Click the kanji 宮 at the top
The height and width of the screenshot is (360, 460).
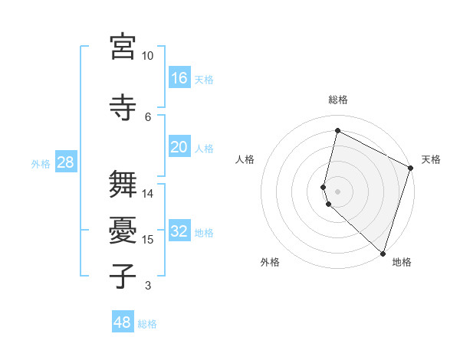123,47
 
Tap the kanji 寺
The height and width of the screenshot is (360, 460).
123,108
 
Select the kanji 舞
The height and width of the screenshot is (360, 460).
123,185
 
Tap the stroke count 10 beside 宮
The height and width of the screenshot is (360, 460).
148,56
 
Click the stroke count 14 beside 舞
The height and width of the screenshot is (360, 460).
148,193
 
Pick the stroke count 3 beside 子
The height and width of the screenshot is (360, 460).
148,286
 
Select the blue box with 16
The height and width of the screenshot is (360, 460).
179,77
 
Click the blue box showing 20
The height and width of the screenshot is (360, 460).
179,147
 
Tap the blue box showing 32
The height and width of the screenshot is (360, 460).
179,231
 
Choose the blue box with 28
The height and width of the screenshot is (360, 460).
65,162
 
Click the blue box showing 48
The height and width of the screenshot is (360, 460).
123,322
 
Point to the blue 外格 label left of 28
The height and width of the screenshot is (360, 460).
41,163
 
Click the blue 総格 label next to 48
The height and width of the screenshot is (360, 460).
147,324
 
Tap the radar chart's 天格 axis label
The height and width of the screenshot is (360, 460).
431,159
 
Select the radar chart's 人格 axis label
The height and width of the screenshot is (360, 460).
245,159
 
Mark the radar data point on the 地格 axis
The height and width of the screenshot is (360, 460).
383,254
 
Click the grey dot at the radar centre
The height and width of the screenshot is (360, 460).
337,191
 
